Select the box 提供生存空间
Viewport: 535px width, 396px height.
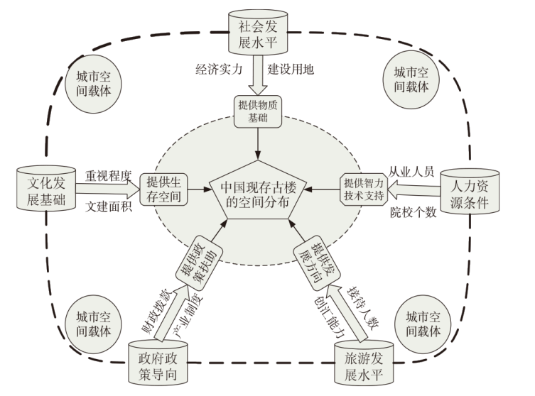tap(164, 189)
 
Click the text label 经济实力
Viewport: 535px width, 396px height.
tap(220, 70)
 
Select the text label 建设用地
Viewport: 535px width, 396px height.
tap(291, 70)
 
